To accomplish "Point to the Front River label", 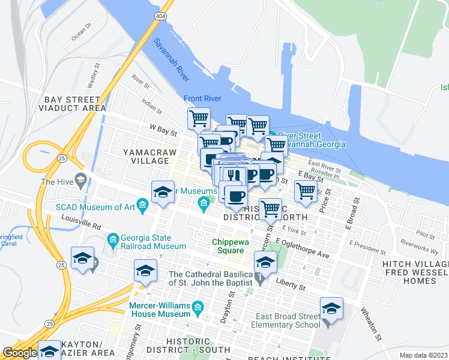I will [203, 99].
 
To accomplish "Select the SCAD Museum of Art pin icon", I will [143, 206].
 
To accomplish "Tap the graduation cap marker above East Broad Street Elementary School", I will [331, 308].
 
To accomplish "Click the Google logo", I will [20, 353].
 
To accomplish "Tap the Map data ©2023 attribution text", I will [424, 355].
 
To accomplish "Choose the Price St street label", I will [325, 207].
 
